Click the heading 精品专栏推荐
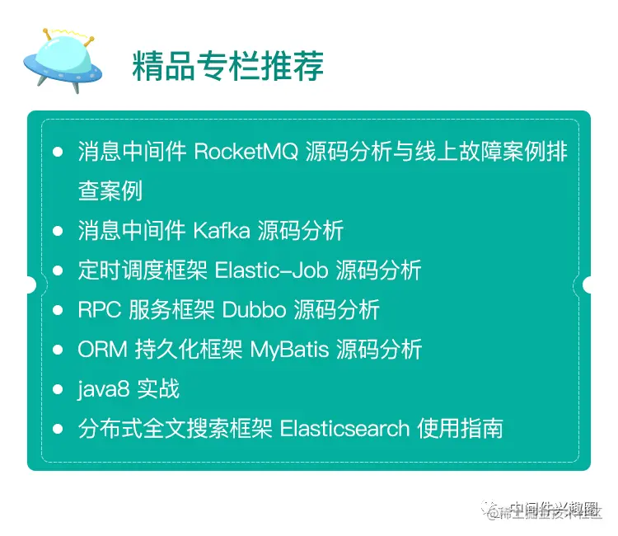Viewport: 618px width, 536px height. tap(227, 67)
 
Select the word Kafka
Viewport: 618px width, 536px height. tap(221, 231)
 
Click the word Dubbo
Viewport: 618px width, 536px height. tap(242, 310)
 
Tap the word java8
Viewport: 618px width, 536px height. tap(98, 389)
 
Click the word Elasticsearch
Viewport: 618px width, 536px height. tap(344, 429)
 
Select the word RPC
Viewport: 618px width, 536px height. tap(97, 310)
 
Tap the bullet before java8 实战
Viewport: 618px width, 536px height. tap(57, 389)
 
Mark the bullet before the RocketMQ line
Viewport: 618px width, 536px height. tap(57, 153)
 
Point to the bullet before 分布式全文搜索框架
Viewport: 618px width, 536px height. tap(57, 429)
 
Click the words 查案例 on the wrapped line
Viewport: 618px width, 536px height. tap(110, 191)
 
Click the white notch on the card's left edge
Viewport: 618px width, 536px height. tap(30, 284)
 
